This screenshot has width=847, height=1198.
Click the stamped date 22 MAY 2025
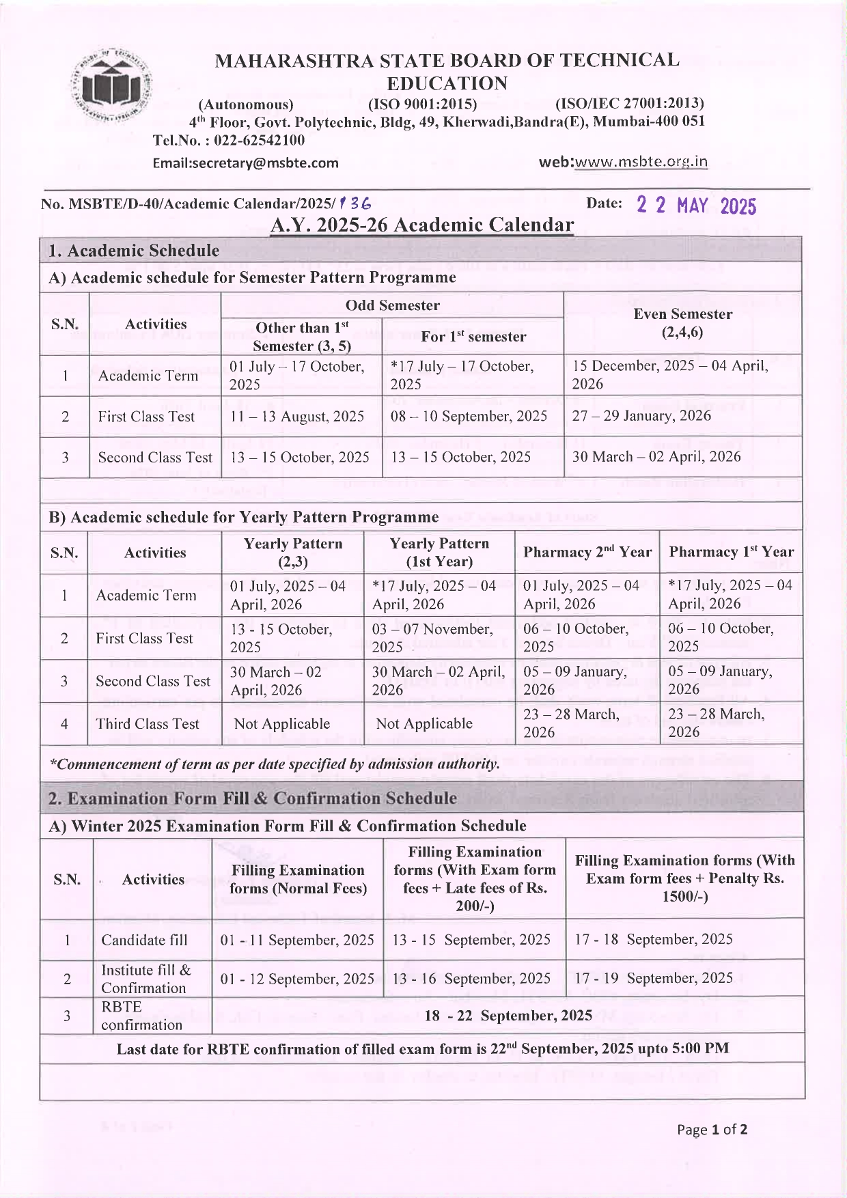coord(696,206)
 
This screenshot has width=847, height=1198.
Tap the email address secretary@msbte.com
coord(245,163)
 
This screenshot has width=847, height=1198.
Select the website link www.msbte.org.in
coord(641,162)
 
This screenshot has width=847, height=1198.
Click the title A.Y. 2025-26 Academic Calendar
coord(422,225)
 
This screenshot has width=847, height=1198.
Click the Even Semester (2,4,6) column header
coord(682,323)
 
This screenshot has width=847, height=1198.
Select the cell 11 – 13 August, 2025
coord(297,417)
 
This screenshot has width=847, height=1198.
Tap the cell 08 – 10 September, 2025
coord(469,417)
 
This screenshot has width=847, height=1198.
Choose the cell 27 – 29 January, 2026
coord(641,416)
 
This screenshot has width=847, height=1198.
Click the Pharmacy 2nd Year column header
coord(587,552)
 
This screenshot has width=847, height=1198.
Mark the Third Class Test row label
coord(148,724)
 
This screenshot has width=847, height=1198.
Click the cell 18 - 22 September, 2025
coord(508,1016)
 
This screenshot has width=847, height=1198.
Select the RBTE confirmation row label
coord(142,1016)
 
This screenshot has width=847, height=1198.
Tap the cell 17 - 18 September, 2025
coord(653,940)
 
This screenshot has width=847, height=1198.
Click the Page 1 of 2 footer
coord(712,1130)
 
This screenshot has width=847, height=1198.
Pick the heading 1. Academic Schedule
coord(134,251)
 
